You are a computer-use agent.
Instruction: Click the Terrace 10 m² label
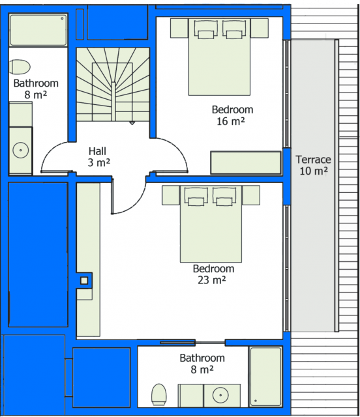[x=314, y=165]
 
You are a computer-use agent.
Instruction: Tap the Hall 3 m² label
[x=98, y=157]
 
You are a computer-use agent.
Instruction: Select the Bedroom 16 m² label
[x=232, y=115]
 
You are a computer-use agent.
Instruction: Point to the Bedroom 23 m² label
[x=213, y=274]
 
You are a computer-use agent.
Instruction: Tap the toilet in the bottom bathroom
[x=158, y=394]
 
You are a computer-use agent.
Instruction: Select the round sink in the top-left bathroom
[x=20, y=151]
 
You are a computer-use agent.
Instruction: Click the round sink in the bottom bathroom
[x=220, y=395]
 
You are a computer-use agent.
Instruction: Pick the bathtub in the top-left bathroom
[x=38, y=30]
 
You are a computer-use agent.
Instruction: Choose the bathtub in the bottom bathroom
[x=265, y=377]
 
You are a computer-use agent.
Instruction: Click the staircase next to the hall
[x=113, y=85]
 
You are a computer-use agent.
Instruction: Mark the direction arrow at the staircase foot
[x=132, y=123]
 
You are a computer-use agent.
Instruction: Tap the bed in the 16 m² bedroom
[x=219, y=57]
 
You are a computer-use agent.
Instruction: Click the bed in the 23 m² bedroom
[x=211, y=224]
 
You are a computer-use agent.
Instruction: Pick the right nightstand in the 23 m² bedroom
[x=251, y=195]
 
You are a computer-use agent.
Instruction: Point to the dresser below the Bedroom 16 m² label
[x=246, y=162]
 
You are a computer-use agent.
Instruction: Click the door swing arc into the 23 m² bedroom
[x=135, y=207]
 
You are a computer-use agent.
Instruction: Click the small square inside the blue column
[x=84, y=280]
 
